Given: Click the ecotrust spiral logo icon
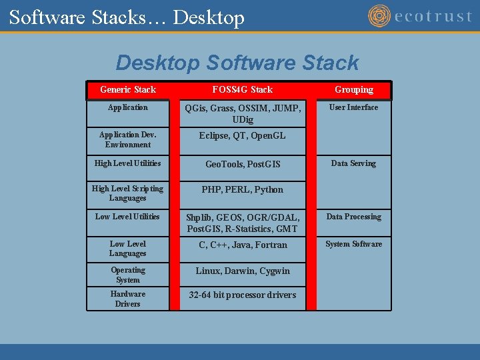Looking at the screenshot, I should click(x=379, y=16).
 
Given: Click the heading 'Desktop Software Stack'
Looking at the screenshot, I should click(x=237, y=63).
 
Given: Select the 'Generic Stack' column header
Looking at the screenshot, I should click(x=127, y=89).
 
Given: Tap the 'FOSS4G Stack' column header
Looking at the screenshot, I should click(x=242, y=89).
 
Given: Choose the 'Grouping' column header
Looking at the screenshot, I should click(x=354, y=89).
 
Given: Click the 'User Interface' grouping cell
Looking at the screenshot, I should click(x=353, y=107).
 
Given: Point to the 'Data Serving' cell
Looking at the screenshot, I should click(x=353, y=163).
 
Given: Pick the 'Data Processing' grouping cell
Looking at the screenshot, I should click(x=353, y=217).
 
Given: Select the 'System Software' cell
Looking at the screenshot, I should click(x=353, y=244).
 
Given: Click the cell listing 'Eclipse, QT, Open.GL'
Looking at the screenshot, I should click(x=242, y=135).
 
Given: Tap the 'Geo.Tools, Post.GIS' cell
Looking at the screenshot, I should click(x=242, y=164).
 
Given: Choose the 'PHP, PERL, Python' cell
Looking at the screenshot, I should click(x=242, y=189).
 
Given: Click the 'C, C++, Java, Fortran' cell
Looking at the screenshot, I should click(x=242, y=245).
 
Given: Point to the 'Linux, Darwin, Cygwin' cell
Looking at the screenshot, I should click(x=242, y=271).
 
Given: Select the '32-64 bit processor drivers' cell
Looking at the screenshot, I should click(x=242, y=295).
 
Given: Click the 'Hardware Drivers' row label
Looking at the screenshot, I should click(x=127, y=299).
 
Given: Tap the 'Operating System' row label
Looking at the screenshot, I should click(x=127, y=275).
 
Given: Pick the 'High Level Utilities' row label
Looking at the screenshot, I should click(x=127, y=163).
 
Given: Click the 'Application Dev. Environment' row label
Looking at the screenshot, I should click(x=127, y=139).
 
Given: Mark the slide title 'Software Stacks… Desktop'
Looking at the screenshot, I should click(x=127, y=17).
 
